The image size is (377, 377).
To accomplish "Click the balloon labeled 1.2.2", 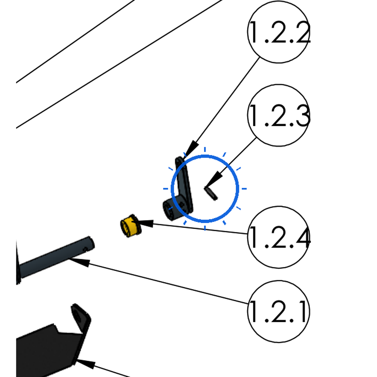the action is pos(278,32).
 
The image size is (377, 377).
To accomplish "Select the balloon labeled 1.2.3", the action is pos(278,115).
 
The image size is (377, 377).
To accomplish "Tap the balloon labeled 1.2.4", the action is pos(278,237).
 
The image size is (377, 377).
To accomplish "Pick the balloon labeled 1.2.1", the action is pos(278,311).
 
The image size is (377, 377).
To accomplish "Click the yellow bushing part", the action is pos(131,226).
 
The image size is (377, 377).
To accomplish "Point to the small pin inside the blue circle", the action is pos(211,193).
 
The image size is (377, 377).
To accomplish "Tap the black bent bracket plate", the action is pos(53,341).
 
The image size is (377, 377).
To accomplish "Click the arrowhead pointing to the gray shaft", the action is pos(80,262).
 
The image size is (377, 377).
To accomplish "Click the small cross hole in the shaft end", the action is pos(85,250).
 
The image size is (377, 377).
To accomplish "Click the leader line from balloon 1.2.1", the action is pos(159,281).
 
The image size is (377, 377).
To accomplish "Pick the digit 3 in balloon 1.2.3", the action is pos(303,116).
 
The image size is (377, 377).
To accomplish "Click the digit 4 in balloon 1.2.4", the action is pos(303,238).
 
